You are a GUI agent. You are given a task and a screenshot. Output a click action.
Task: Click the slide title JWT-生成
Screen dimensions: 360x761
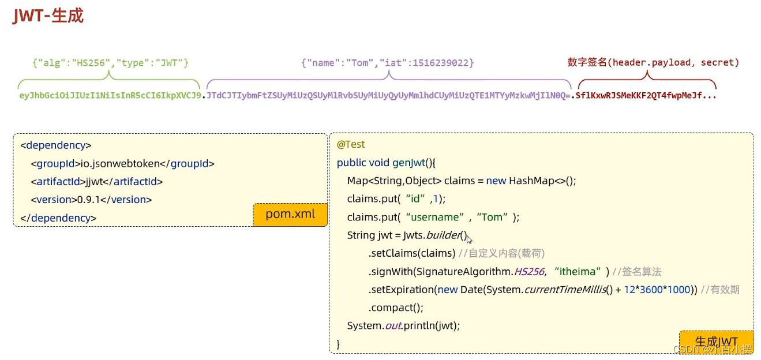tap(48, 16)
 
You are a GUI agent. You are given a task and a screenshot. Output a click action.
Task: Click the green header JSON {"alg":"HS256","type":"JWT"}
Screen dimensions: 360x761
tap(110, 62)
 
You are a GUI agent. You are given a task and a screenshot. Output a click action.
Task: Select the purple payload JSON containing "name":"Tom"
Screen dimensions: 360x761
tap(387, 62)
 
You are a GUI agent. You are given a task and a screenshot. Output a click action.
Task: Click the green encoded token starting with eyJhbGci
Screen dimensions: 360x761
tap(110, 95)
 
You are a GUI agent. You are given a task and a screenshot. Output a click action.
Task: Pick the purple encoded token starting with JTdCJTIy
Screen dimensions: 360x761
tap(388, 95)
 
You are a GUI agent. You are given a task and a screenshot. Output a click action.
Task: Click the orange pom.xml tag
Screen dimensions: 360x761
tap(290, 214)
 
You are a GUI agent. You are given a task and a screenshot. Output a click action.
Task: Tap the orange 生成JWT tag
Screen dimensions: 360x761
tap(716, 342)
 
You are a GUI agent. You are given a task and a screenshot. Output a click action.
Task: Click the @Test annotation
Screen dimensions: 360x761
tap(351, 144)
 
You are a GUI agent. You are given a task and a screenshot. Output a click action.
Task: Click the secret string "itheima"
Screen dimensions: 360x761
tap(582, 271)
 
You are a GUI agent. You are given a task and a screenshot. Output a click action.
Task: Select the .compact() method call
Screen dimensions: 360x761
tap(396, 307)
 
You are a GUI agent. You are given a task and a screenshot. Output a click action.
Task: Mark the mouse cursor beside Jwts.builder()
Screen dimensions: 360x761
tap(469, 239)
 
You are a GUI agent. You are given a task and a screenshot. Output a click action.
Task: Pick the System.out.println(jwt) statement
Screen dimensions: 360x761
tap(403, 325)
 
